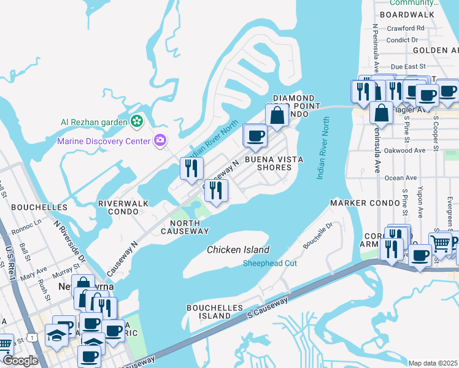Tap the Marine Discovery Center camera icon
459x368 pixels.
[x=160, y=141]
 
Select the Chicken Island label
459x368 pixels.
[x=238, y=250]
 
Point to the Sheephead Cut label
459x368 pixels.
[x=270, y=263]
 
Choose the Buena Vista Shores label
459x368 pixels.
[x=274, y=163]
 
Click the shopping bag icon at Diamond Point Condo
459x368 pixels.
[x=277, y=115]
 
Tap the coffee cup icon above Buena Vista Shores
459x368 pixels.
[x=255, y=135]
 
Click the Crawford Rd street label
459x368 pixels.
[x=406, y=28]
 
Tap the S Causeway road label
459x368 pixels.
[x=267, y=309]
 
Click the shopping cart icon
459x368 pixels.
[x=440, y=243]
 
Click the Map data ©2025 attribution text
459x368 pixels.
[x=433, y=363]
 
